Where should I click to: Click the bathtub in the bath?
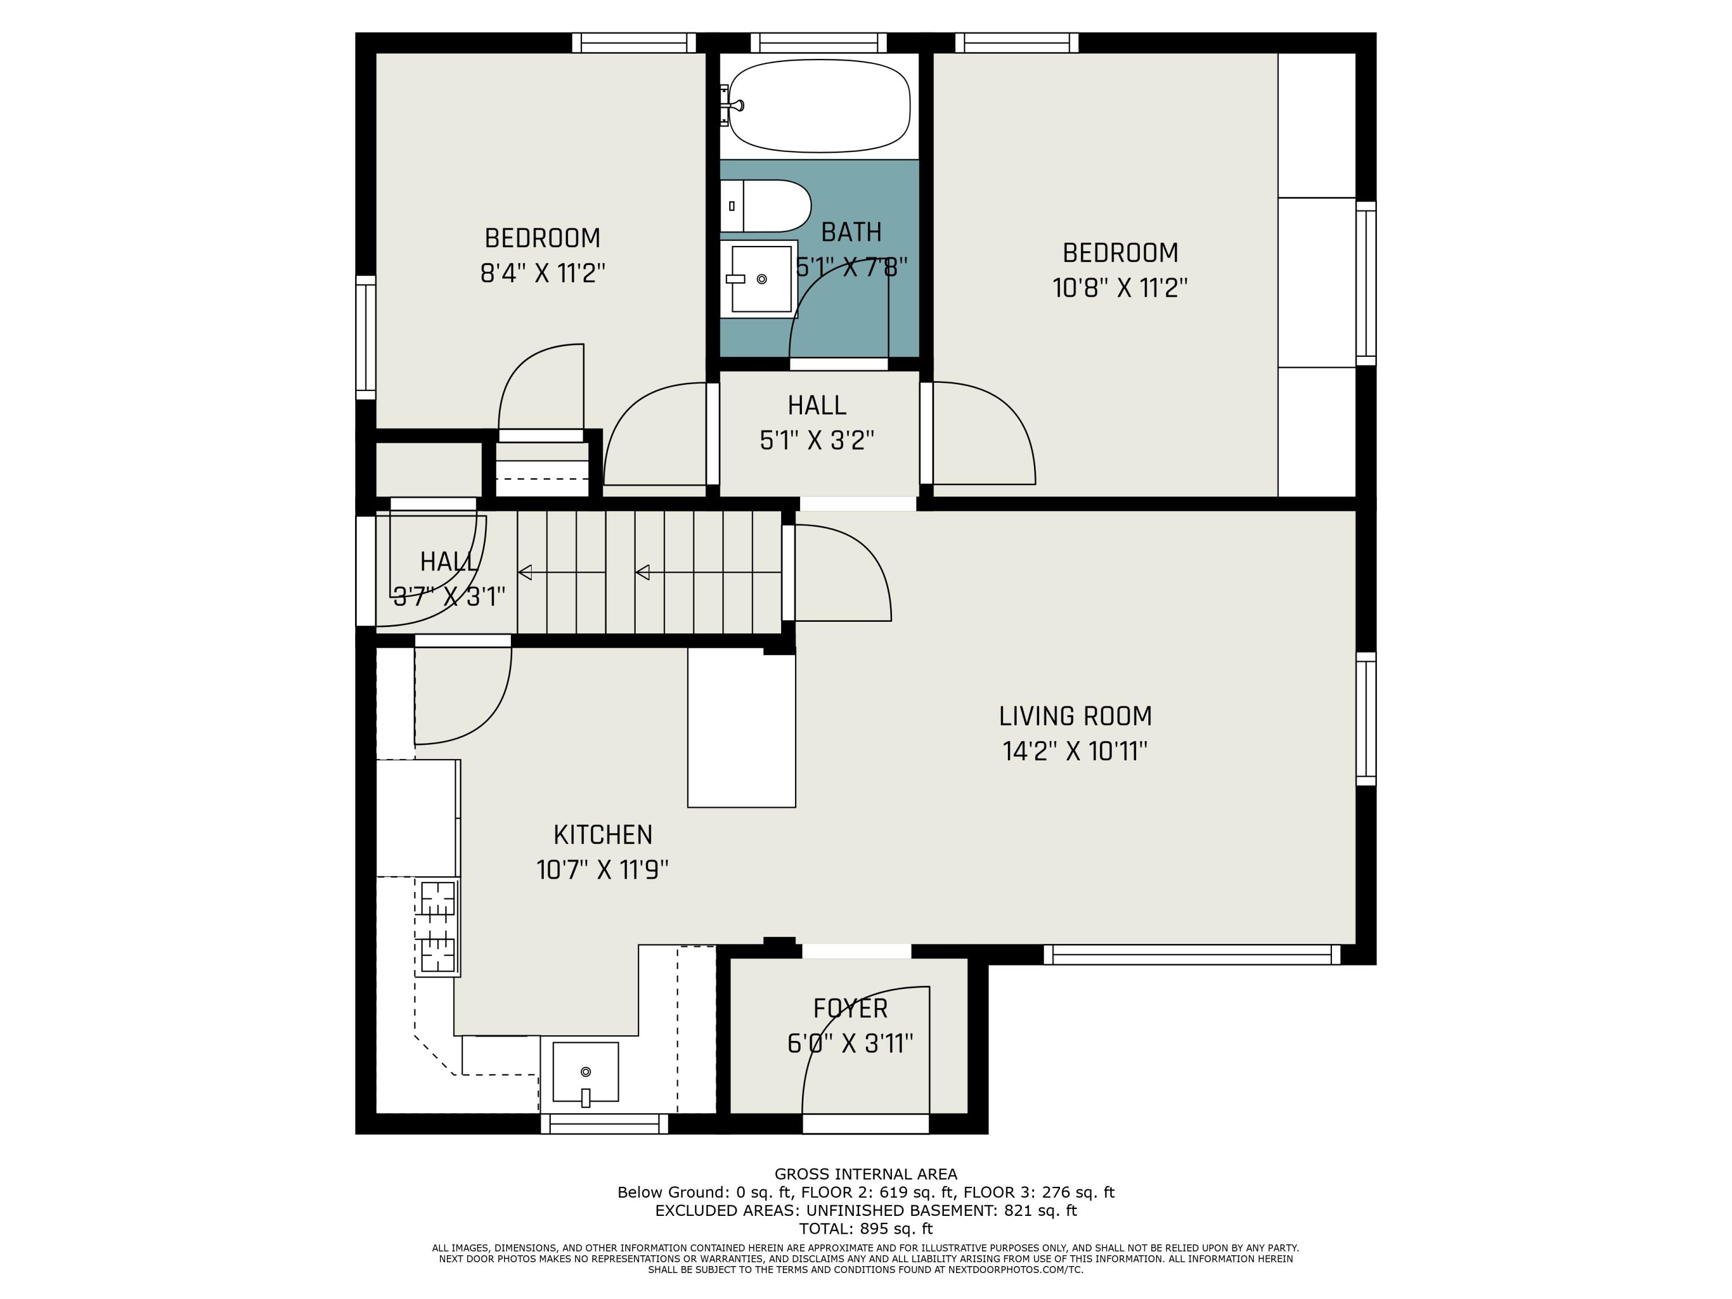pyautogui.click(x=819, y=106)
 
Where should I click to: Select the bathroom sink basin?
pyautogui.click(x=760, y=279)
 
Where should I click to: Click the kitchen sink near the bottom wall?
pyautogui.click(x=585, y=1072)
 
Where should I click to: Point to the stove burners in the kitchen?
pyautogui.click(x=438, y=927)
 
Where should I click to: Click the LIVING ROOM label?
pyautogui.click(x=1075, y=716)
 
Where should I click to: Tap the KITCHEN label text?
pyautogui.click(x=602, y=835)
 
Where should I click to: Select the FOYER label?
pyautogui.click(x=850, y=1009)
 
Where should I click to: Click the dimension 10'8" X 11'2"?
pyautogui.click(x=1119, y=288)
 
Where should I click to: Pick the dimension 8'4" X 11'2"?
pyautogui.click(x=543, y=273)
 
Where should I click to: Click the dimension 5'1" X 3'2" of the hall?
pyautogui.click(x=817, y=440)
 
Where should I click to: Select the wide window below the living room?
pyautogui.click(x=1192, y=954)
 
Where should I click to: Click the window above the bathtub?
pyautogui.click(x=818, y=42)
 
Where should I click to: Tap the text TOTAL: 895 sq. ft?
pyautogui.click(x=865, y=1229)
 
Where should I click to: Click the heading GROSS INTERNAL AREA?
pyautogui.click(x=865, y=1174)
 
